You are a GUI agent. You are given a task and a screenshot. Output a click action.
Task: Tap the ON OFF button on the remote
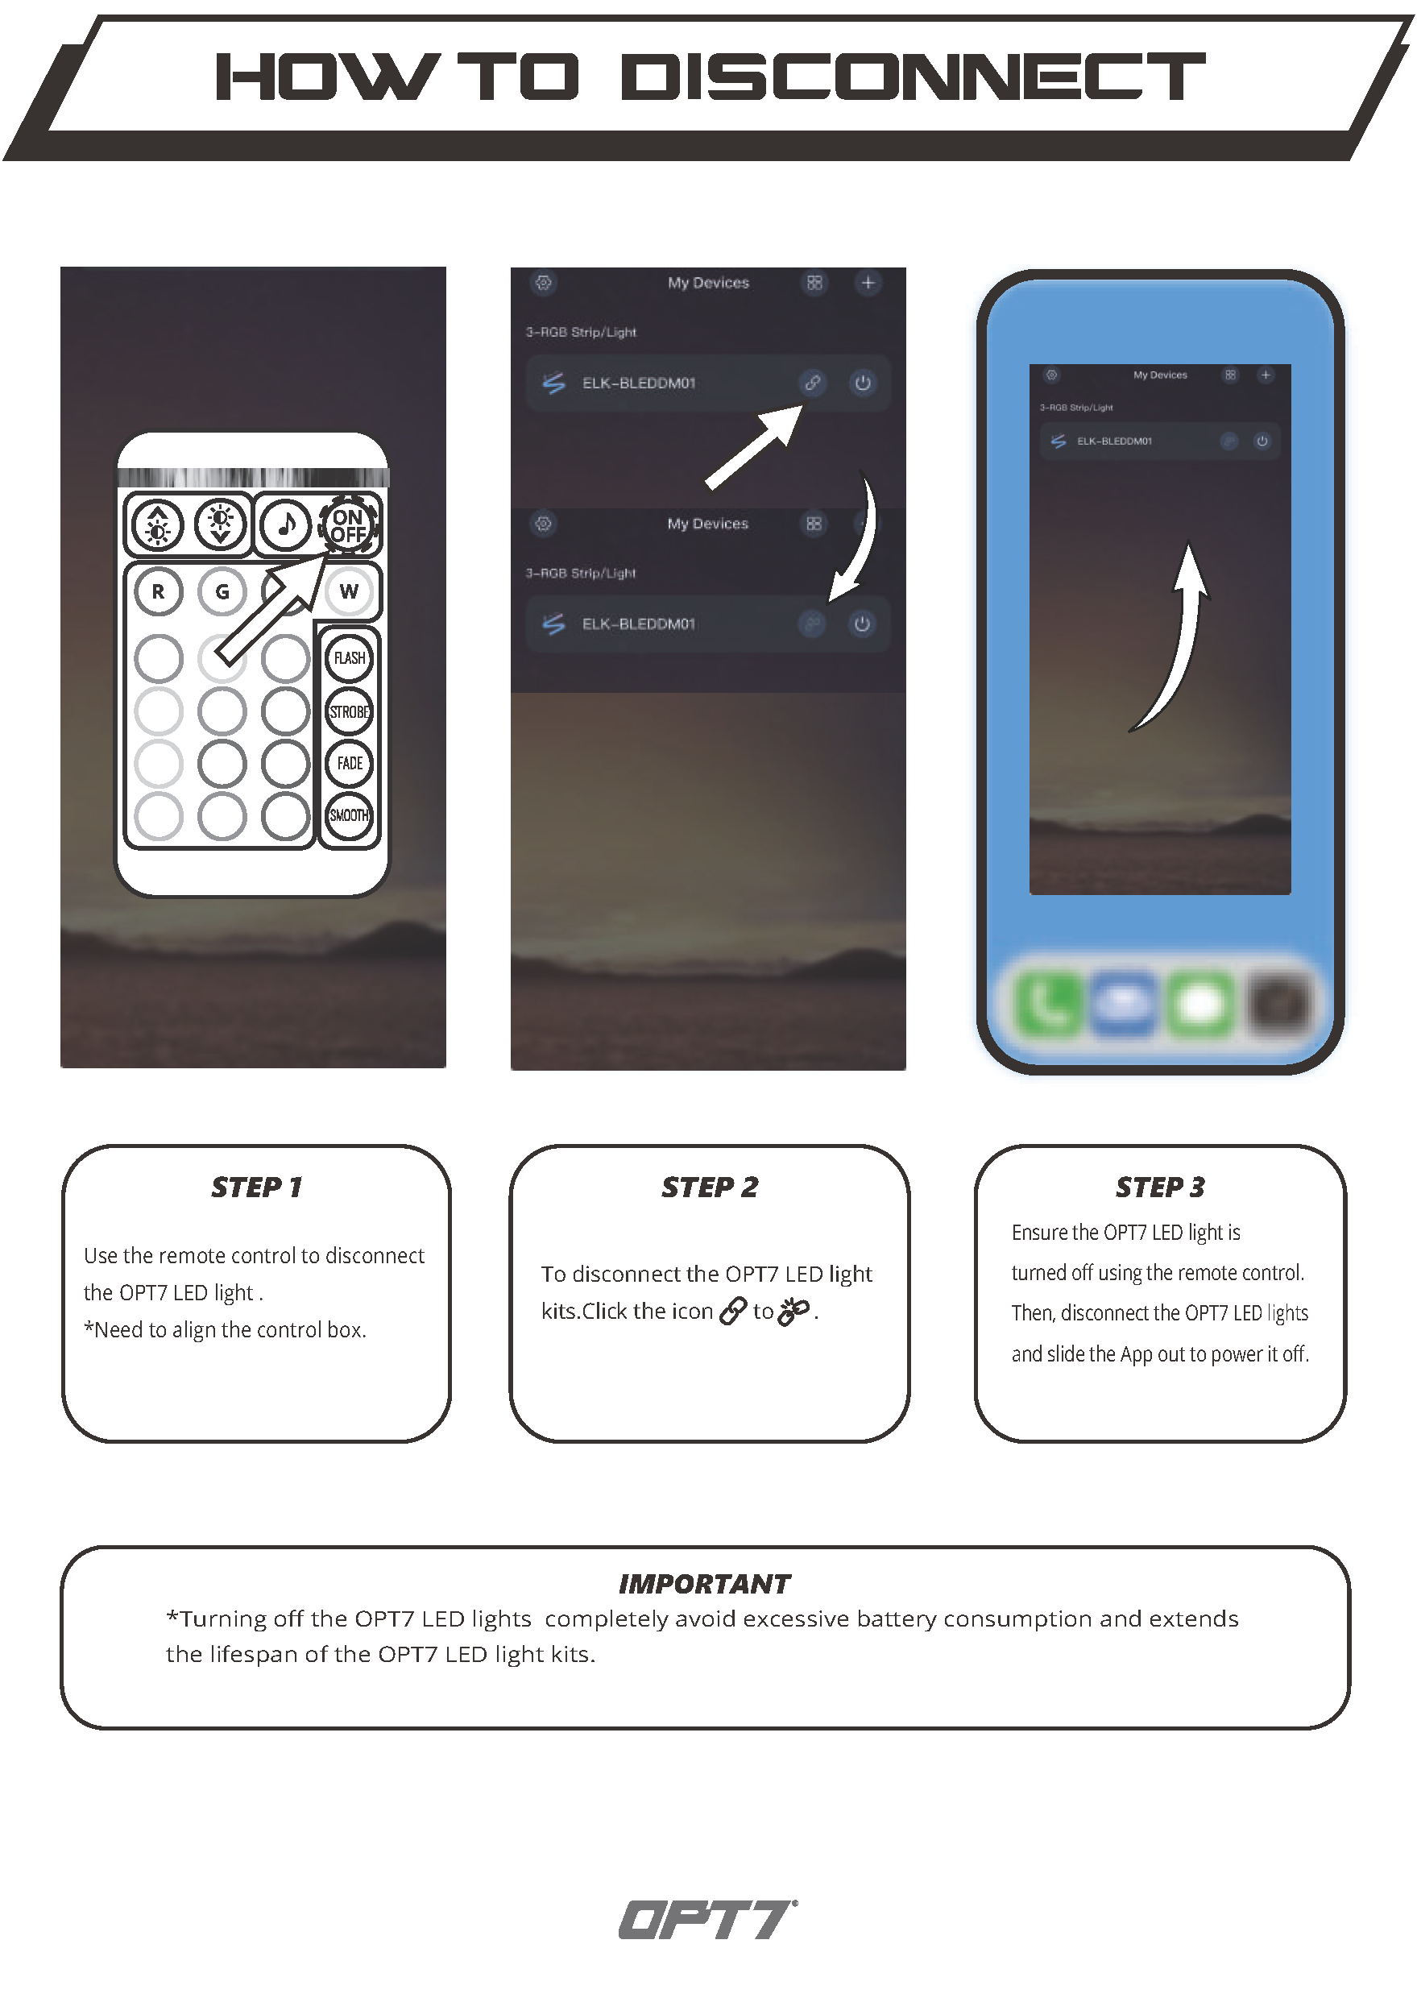pyautogui.click(x=349, y=525)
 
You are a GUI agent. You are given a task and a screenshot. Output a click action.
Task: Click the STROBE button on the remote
pyautogui.click(x=349, y=712)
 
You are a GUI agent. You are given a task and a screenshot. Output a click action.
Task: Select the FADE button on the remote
pyautogui.click(x=349, y=764)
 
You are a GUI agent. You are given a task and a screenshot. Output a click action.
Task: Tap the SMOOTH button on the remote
pyautogui.click(x=349, y=816)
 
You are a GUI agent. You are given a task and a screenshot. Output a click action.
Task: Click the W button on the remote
pyautogui.click(x=349, y=591)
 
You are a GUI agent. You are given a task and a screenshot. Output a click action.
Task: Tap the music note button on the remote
pyautogui.click(x=285, y=524)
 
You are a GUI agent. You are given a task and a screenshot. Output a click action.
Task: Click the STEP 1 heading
pyautogui.click(x=256, y=1187)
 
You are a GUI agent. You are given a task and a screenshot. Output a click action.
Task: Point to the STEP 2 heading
pyautogui.click(x=710, y=1187)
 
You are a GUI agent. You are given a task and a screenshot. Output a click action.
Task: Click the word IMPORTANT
pyautogui.click(x=704, y=1584)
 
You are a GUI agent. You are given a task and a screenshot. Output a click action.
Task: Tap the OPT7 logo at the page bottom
pyautogui.click(x=707, y=1919)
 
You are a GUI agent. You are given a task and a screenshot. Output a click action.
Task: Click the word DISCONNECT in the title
pyautogui.click(x=913, y=77)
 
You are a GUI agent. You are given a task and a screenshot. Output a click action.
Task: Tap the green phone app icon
pyautogui.click(x=1050, y=1004)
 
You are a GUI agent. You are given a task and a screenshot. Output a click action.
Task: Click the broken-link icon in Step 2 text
pyautogui.click(x=794, y=1311)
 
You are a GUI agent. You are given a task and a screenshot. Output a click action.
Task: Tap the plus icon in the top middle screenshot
pyautogui.click(x=868, y=283)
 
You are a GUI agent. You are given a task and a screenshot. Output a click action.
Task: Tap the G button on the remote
pyautogui.click(x=222, y=591)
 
